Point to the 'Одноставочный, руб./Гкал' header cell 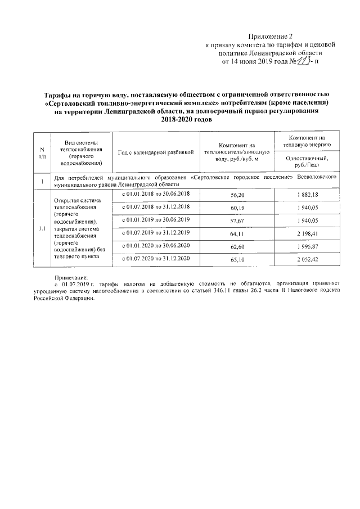(307, 163)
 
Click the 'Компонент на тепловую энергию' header (307, 141)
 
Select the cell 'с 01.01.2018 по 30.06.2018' (156, 193)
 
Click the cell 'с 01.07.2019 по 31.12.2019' (156, 232)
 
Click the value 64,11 (238, 233)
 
